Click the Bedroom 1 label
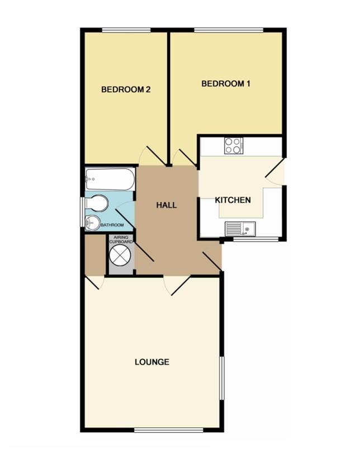click(226, 84)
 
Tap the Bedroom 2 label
click(126, 89)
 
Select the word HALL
click(166, 205)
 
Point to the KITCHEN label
click(233, 200)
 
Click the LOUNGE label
click(152, 362)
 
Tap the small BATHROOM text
click(112, 225)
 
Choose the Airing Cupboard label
click(121, 240)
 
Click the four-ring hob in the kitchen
click(234, 146)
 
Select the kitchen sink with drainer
click(240, 229)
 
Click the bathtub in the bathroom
click(110, 179)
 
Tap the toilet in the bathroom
click(97, 203)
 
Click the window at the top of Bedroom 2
click(126, 30)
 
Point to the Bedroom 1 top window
click(229, 30)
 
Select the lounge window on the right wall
click(222, 378)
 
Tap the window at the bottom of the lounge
click(169, 430)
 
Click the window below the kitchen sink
click(256, 239)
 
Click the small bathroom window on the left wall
click(83, 212)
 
